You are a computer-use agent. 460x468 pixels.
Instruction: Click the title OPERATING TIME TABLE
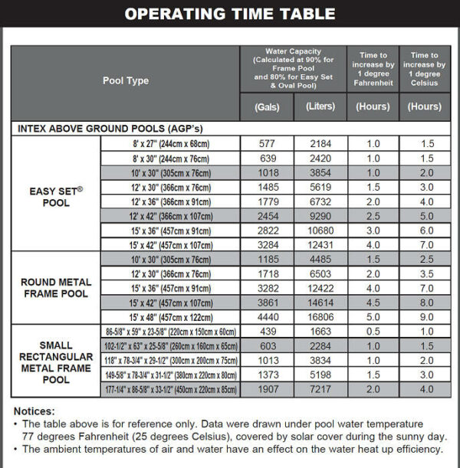(230, 14)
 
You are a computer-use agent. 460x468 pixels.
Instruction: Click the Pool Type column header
(126, 80)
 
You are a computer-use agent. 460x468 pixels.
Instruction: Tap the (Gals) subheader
(267, 107)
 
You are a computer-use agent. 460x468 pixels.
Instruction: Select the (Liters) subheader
(320, 107)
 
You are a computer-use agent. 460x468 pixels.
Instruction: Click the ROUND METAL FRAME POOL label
(56, 287)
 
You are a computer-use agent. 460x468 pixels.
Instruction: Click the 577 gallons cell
(267, 144)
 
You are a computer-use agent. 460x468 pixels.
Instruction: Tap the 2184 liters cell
(320, 144)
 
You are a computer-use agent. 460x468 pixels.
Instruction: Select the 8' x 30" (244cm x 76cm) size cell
(171, 159)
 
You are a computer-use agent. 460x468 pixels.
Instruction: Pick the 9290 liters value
(320, 217)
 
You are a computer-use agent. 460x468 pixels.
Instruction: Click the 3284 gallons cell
(267, 245)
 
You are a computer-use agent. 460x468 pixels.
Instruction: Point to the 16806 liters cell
(320, 317)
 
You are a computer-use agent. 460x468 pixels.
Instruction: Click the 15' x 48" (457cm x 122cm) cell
(171, 317)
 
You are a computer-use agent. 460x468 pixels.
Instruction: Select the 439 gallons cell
(267, 332)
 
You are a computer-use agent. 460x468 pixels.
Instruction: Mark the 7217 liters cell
(320, 389)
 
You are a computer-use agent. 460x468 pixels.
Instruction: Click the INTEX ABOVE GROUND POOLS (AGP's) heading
(110, 129)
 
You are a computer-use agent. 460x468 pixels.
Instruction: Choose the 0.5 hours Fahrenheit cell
(373, 332)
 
